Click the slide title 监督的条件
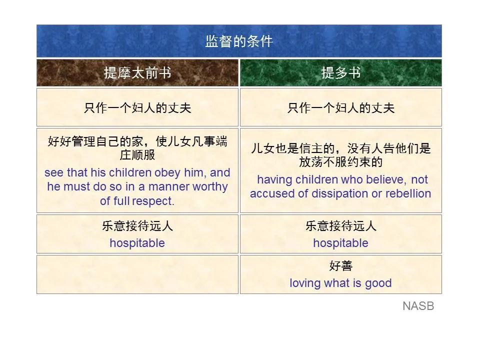click(239, 41)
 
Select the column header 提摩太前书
click(137, 73)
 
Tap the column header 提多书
click(340, 73)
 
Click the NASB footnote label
click(418, 306)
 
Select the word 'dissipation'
click(344, 193)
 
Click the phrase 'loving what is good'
click(340, 283)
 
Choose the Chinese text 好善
click(340, 266)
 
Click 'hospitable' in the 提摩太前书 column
click(137, 243)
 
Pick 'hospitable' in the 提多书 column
click(340, 243)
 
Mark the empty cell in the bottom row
click(137, 274)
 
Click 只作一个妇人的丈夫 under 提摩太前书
click(137, 108)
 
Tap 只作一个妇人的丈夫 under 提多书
click(340, 108)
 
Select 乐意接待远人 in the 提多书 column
click(340, 226)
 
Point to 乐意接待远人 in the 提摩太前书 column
click(137, 226)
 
